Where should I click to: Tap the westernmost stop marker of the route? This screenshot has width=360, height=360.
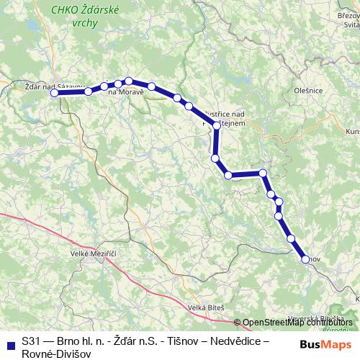coord(54,92)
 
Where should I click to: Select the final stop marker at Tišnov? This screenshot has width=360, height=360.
coord(305,259)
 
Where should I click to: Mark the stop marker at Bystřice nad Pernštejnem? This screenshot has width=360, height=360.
coord(217,125)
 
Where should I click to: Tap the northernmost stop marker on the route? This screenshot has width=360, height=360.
coord(129,81)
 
